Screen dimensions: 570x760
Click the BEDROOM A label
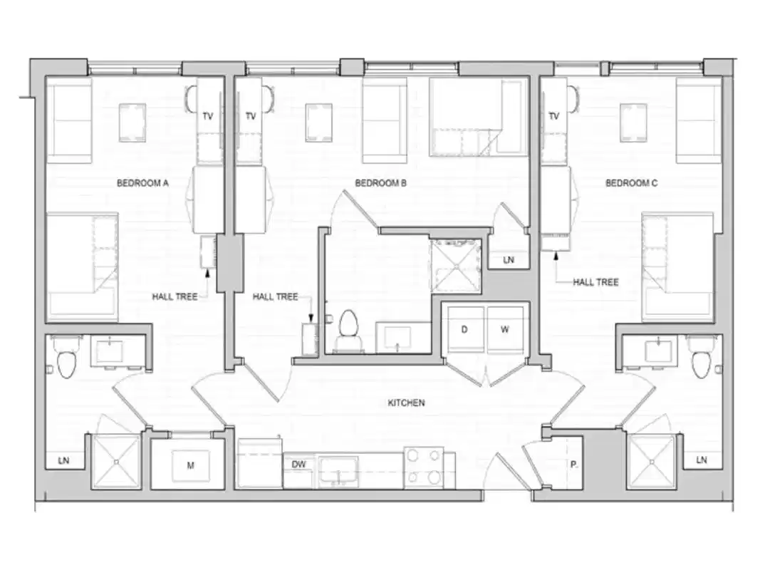[x=142, y=183]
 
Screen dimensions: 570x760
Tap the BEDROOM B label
[x=380, y=183]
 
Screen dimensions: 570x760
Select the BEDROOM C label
[x=631, y=183]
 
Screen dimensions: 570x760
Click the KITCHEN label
[x=406, y=403]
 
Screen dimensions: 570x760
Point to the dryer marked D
[x=465, y=330]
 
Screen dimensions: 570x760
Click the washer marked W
[x=505, y=330]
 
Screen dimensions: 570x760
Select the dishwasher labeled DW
[x=299, y=465]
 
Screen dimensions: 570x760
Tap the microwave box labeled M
[x=190, y=466]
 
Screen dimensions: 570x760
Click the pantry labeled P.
[x=573, y=465]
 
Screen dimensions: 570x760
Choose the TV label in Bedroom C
[x=554, y=116]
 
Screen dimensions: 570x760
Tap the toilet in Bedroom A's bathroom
[x=66, y=361]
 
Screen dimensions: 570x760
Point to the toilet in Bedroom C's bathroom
[x=701, y=361]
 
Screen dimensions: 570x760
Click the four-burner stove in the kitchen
[x=424, y=467]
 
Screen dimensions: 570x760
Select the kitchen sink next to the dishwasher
[x=338, y=470]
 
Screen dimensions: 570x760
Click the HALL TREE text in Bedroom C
[x=595, y=282]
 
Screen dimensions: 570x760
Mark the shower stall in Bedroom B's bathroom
[x=456, y=266]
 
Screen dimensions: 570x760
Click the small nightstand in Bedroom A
[x=132, y=123]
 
